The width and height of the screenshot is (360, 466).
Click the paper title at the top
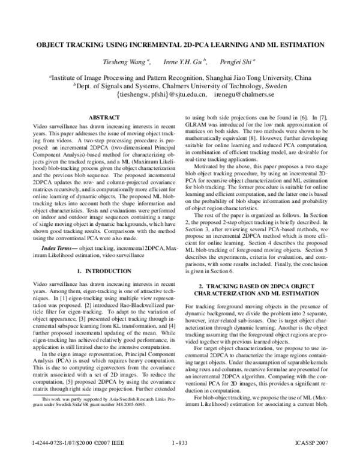(x=180, y=44)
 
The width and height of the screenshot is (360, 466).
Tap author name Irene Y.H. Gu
(x=185, y=61)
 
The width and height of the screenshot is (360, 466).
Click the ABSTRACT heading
(x=96, y=116)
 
